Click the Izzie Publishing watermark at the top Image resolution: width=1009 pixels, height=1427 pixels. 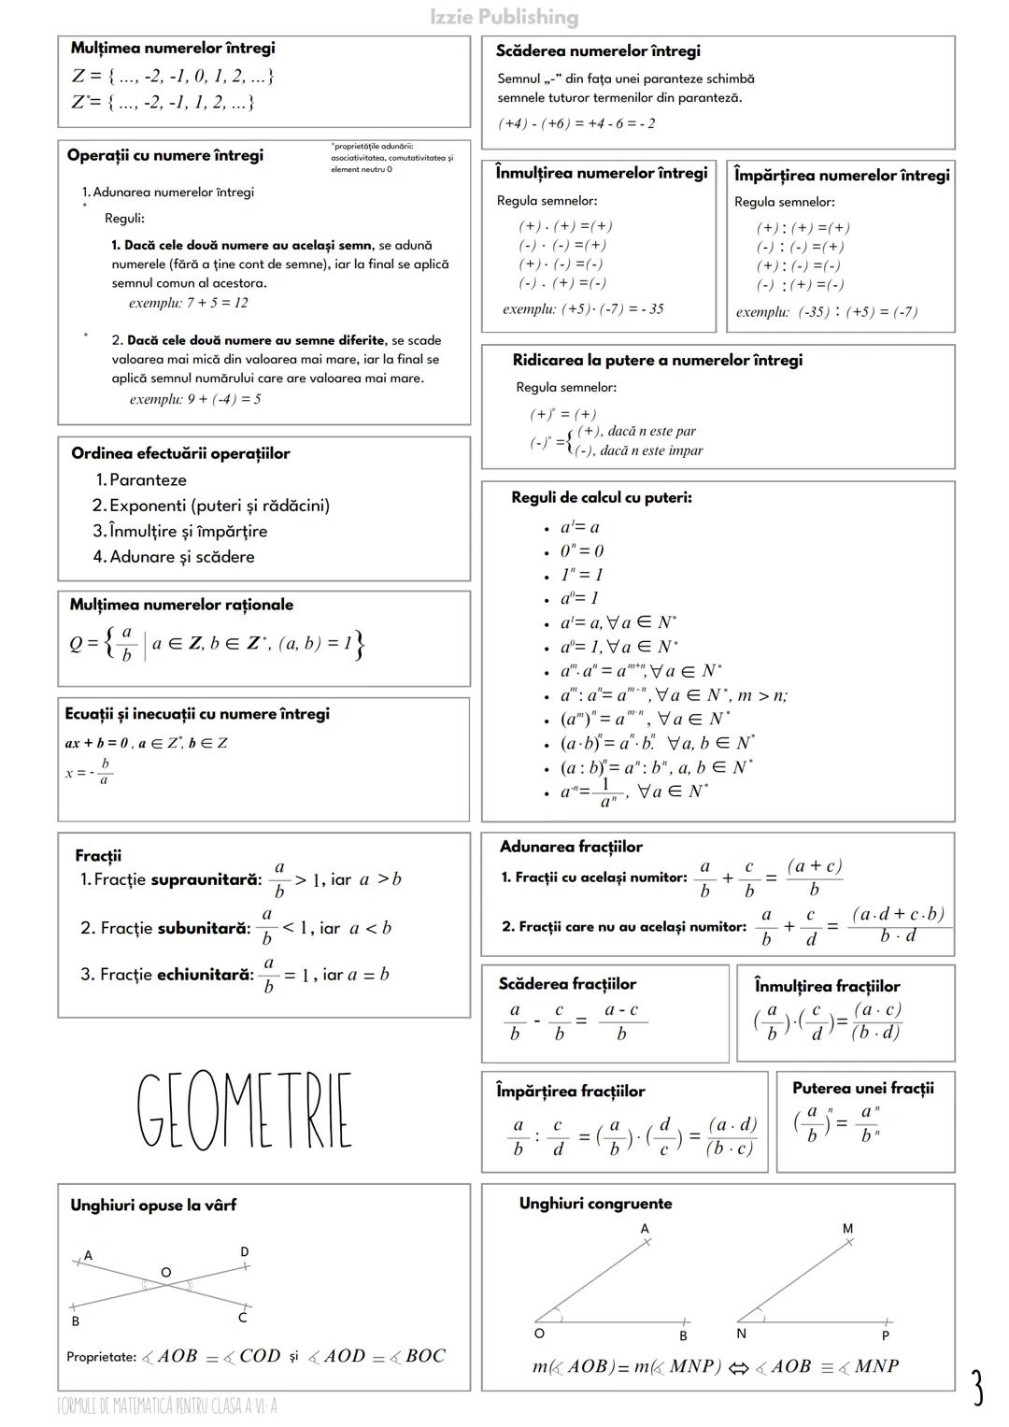(504, 17)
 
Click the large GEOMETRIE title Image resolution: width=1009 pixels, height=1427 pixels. (245, 1111)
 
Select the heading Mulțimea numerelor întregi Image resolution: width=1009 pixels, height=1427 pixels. (173, 48)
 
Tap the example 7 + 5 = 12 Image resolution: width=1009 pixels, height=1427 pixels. (189, 303)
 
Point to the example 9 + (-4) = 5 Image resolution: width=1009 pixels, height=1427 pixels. (195, 399)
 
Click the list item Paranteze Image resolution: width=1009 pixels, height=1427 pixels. (148, 479)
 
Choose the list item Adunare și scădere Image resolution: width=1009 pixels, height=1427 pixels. (181, 556)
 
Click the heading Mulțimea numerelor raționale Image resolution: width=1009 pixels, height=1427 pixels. (181, 605)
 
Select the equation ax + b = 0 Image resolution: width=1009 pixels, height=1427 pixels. (97, 743)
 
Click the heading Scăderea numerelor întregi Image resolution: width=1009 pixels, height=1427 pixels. (598, 51)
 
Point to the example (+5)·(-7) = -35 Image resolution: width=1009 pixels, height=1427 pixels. (583, 309)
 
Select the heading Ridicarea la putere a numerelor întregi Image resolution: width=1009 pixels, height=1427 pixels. (657, 360)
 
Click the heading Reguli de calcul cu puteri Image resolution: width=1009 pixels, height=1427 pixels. (601, 497)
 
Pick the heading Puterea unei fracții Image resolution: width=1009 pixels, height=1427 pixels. (862, 1088)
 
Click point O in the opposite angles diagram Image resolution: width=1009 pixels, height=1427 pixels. (166, 1273)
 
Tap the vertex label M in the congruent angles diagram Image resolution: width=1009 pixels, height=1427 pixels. (847, 1229)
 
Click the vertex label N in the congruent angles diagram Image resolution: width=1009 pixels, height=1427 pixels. (741, 1334)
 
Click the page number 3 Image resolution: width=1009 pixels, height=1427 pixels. (976, 1388)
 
